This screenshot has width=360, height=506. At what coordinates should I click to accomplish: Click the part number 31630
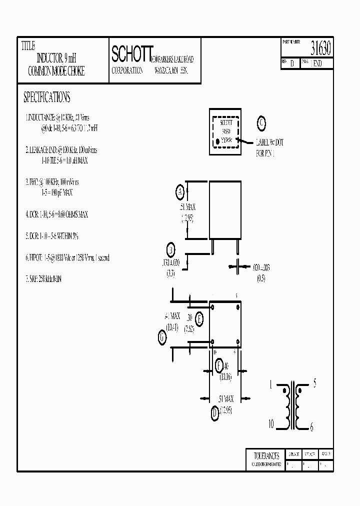320,49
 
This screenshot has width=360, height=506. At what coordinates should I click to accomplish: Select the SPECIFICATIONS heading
47,97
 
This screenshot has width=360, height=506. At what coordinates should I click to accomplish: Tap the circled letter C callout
262,123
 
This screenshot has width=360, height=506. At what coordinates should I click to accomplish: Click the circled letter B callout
170,250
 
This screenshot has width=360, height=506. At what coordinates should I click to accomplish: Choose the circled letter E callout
199,318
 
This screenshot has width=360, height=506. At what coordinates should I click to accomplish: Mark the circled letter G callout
162,338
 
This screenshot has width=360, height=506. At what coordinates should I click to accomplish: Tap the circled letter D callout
214,412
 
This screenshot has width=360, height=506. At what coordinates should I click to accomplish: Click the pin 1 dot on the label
218,141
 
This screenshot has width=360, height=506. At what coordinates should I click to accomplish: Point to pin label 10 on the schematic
270,424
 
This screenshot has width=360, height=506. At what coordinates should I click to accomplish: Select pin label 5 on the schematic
314,384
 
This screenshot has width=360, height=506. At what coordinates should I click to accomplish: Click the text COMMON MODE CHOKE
56,72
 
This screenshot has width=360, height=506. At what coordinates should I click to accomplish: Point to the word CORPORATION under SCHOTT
127,71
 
